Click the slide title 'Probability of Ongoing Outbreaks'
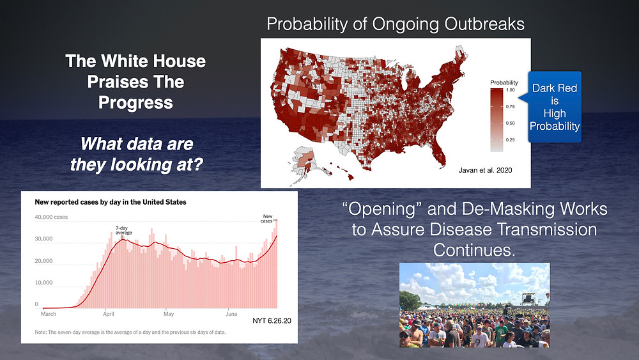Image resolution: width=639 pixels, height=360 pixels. (396, 24)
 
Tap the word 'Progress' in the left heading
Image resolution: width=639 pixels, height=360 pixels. (135, 103)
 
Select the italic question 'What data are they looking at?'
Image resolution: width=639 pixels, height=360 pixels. (137, 154)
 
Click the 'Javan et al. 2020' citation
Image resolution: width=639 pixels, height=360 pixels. (485, 171)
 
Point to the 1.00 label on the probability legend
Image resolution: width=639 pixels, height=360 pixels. (511, 90)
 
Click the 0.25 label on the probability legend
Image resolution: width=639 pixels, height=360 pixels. (511, 140)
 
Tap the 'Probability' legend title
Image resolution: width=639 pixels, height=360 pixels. (504, 82)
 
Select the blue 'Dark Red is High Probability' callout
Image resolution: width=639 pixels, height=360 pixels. (554, 107)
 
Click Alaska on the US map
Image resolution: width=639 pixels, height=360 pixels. (302, 162)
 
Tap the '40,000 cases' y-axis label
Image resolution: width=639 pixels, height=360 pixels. (51, 217)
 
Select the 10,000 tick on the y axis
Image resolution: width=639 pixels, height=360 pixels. (43, 282)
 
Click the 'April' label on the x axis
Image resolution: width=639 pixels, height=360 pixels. (109, 314)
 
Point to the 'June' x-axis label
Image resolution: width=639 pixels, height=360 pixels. (231, 314)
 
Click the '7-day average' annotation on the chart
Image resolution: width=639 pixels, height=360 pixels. (123, 230)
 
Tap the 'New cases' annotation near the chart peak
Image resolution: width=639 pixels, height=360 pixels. (267, 219)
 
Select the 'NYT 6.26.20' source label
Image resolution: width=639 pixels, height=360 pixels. (272, 321)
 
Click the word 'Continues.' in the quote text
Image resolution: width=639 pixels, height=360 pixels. (474, 250)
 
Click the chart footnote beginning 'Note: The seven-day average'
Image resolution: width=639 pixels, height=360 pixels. (130, 333)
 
